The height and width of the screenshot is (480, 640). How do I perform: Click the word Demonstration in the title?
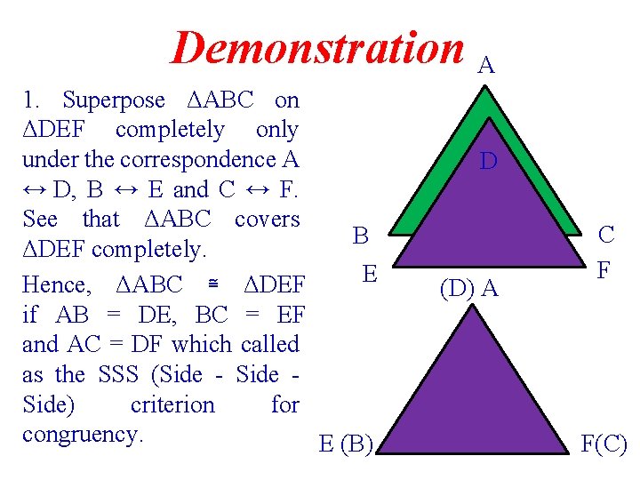pyautogui.click(x=318, y=47)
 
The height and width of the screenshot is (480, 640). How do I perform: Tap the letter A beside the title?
pyautogui.click(x=487, y=65)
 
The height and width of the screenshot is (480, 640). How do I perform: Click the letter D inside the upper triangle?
pyautogui.click(x=488, y=162)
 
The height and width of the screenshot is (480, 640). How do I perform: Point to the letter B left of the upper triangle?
pyautogui.click(x=361, y=236)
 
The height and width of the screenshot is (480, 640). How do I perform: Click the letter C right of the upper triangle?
pyautogui.click(x=607, y=236)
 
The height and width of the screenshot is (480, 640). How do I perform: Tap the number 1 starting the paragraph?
pyautogui.click(x=29, y=100)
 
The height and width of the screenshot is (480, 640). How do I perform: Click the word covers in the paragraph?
pyautogui.click(x=268, y=219)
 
